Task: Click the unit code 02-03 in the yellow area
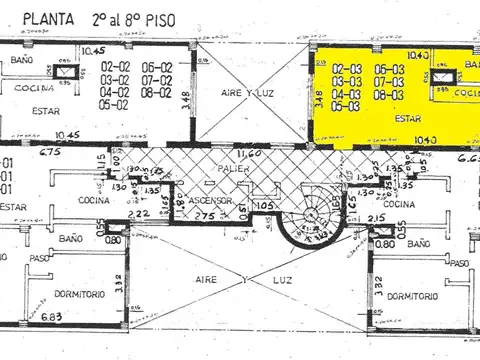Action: pos(346,57)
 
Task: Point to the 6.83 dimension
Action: pos(51,317)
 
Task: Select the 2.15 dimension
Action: pos(378,218)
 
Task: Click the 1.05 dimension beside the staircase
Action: pos(264,205)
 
